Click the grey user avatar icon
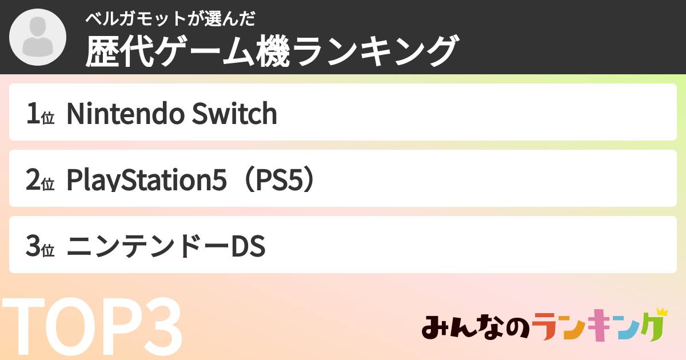pyautogui.click(x=38, y=37)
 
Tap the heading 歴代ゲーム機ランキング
pyautogui.click(x=272, y=51)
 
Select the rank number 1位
pyautogui.click(x=39, y=114)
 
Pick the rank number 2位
pyautogui.click(x=39, y=181)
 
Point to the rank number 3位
pyautogui.click(x=39, y=247)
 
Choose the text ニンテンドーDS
pyautogui.click(x=166, y=247)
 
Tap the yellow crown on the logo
pyautogui.click(x=662, y=312)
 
